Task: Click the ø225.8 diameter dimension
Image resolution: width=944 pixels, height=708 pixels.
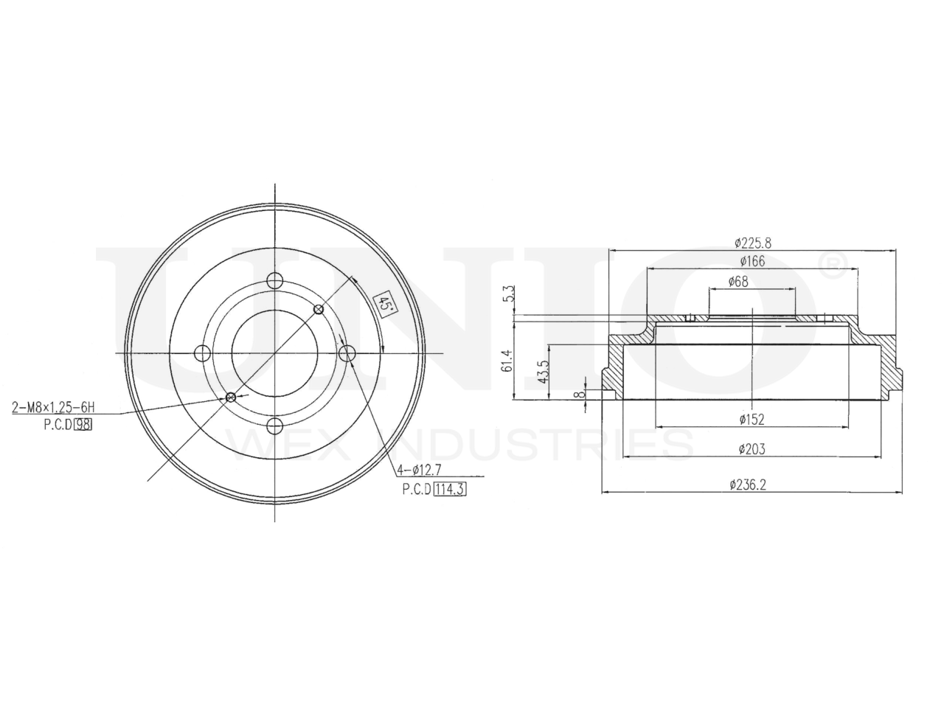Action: (x=753, y=243)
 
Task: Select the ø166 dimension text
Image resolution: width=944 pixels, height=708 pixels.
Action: (x=752, y=261)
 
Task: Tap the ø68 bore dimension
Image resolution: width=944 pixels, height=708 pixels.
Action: (x=738, y=282)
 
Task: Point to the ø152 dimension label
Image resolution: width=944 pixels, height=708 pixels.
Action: (x=752, y=420)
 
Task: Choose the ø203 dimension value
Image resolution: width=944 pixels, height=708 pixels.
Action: (x=752, y=449)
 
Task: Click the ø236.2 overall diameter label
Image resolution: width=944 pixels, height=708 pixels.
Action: (x=748, y=485)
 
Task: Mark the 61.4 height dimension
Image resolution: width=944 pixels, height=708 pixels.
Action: (x=508, y=361)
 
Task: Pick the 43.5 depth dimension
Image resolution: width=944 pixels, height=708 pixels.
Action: (x=544, y=372)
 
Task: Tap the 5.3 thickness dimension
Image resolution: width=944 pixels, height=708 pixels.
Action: (x=509, y=294)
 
